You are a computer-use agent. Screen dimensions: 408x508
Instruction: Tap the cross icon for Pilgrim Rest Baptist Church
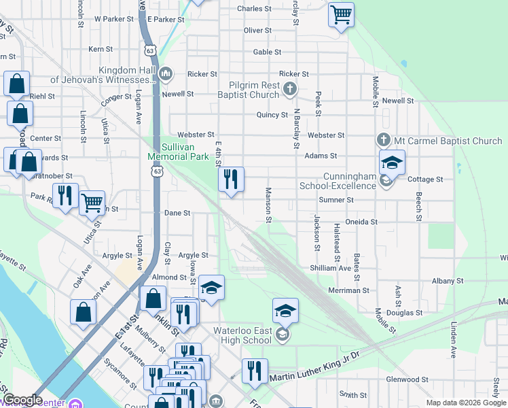(x=290, y=87)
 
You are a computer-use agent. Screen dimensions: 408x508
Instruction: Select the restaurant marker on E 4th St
(x=231, y=180)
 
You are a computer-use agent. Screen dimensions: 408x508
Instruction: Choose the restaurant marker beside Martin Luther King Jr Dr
(x=255, y=371)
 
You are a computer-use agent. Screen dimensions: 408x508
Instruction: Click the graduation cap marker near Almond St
(x=211, y=287)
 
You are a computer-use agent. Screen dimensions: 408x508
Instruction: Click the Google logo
(x=22, y=400)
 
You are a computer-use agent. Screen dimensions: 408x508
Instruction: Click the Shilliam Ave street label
(x=331, y=268)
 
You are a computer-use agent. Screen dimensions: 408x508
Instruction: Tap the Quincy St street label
(x=272, y=115)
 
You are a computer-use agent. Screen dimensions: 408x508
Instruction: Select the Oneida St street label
(x=361, y=222)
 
